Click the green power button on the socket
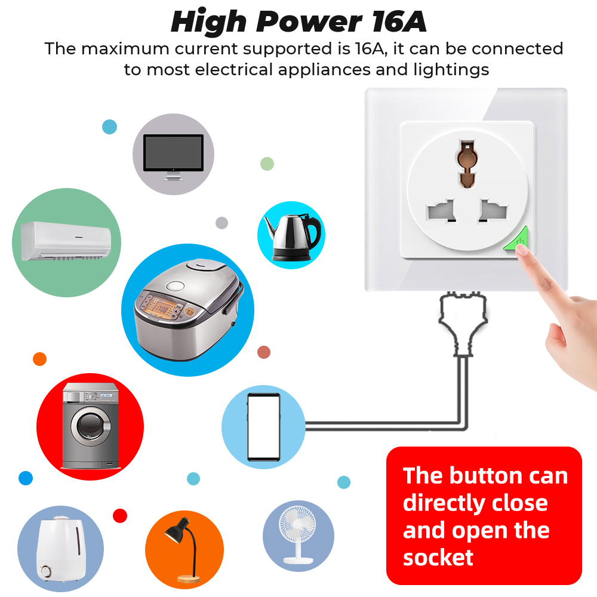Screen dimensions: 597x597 pos(518,241)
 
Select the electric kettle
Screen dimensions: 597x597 pos(293,238)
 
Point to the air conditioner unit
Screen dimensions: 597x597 pos(66,241)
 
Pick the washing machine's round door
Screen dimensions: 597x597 pos(92,426)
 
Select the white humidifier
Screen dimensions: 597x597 pos(60,548)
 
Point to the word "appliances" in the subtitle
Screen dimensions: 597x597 pos(324,70)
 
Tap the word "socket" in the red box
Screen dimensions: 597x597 pos(438,558)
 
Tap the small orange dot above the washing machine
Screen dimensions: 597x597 pos(39,359)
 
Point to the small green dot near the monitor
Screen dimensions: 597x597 pos(267,164)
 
